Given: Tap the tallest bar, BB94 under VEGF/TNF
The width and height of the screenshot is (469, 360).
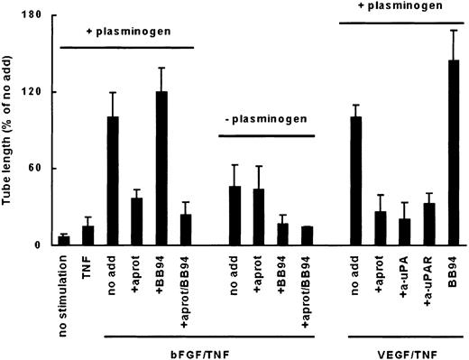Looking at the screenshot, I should coord(454,152).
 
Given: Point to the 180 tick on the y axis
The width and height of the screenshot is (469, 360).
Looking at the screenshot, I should coord(38,15).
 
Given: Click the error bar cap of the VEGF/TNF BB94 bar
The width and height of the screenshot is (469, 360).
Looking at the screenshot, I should coord(454,30).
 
